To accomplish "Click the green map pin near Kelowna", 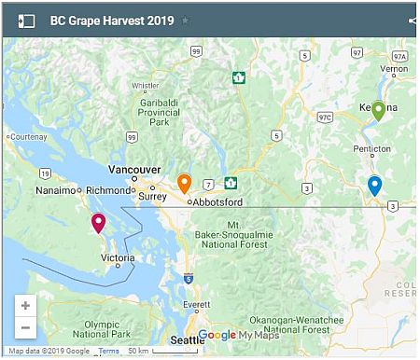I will point(378,110).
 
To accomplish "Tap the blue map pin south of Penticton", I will point(374,185).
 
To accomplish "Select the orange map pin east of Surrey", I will point(184,184).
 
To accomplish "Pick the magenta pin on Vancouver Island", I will point(98,222).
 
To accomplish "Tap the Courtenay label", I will point(27,136).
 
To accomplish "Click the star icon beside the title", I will point(185,20).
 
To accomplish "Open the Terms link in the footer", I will point(109,351).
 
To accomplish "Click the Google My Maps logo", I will point(238,335).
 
